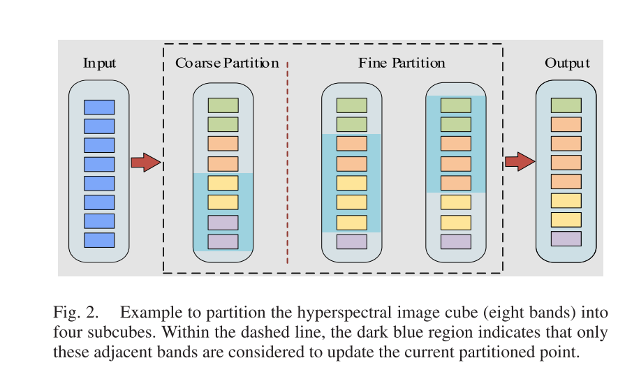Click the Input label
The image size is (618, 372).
[x=99, y=64]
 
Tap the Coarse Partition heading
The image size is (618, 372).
[x=226, y=64]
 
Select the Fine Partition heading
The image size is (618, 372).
[x=402, y=64]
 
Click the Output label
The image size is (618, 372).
[x=567, y=64]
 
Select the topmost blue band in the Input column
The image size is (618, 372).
[x=99, y=107]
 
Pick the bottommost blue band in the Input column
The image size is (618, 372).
[x=99, y=240]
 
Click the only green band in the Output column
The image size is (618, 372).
[x=566, y=105]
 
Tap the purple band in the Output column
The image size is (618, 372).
[x=566, y=239]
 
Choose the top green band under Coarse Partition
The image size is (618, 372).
[x=223, y=105]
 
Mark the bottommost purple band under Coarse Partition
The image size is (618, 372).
[x=223, y=241]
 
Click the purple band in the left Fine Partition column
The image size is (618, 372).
[x=351, y=241]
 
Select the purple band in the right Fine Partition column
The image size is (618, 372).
[x=455, y=241]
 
